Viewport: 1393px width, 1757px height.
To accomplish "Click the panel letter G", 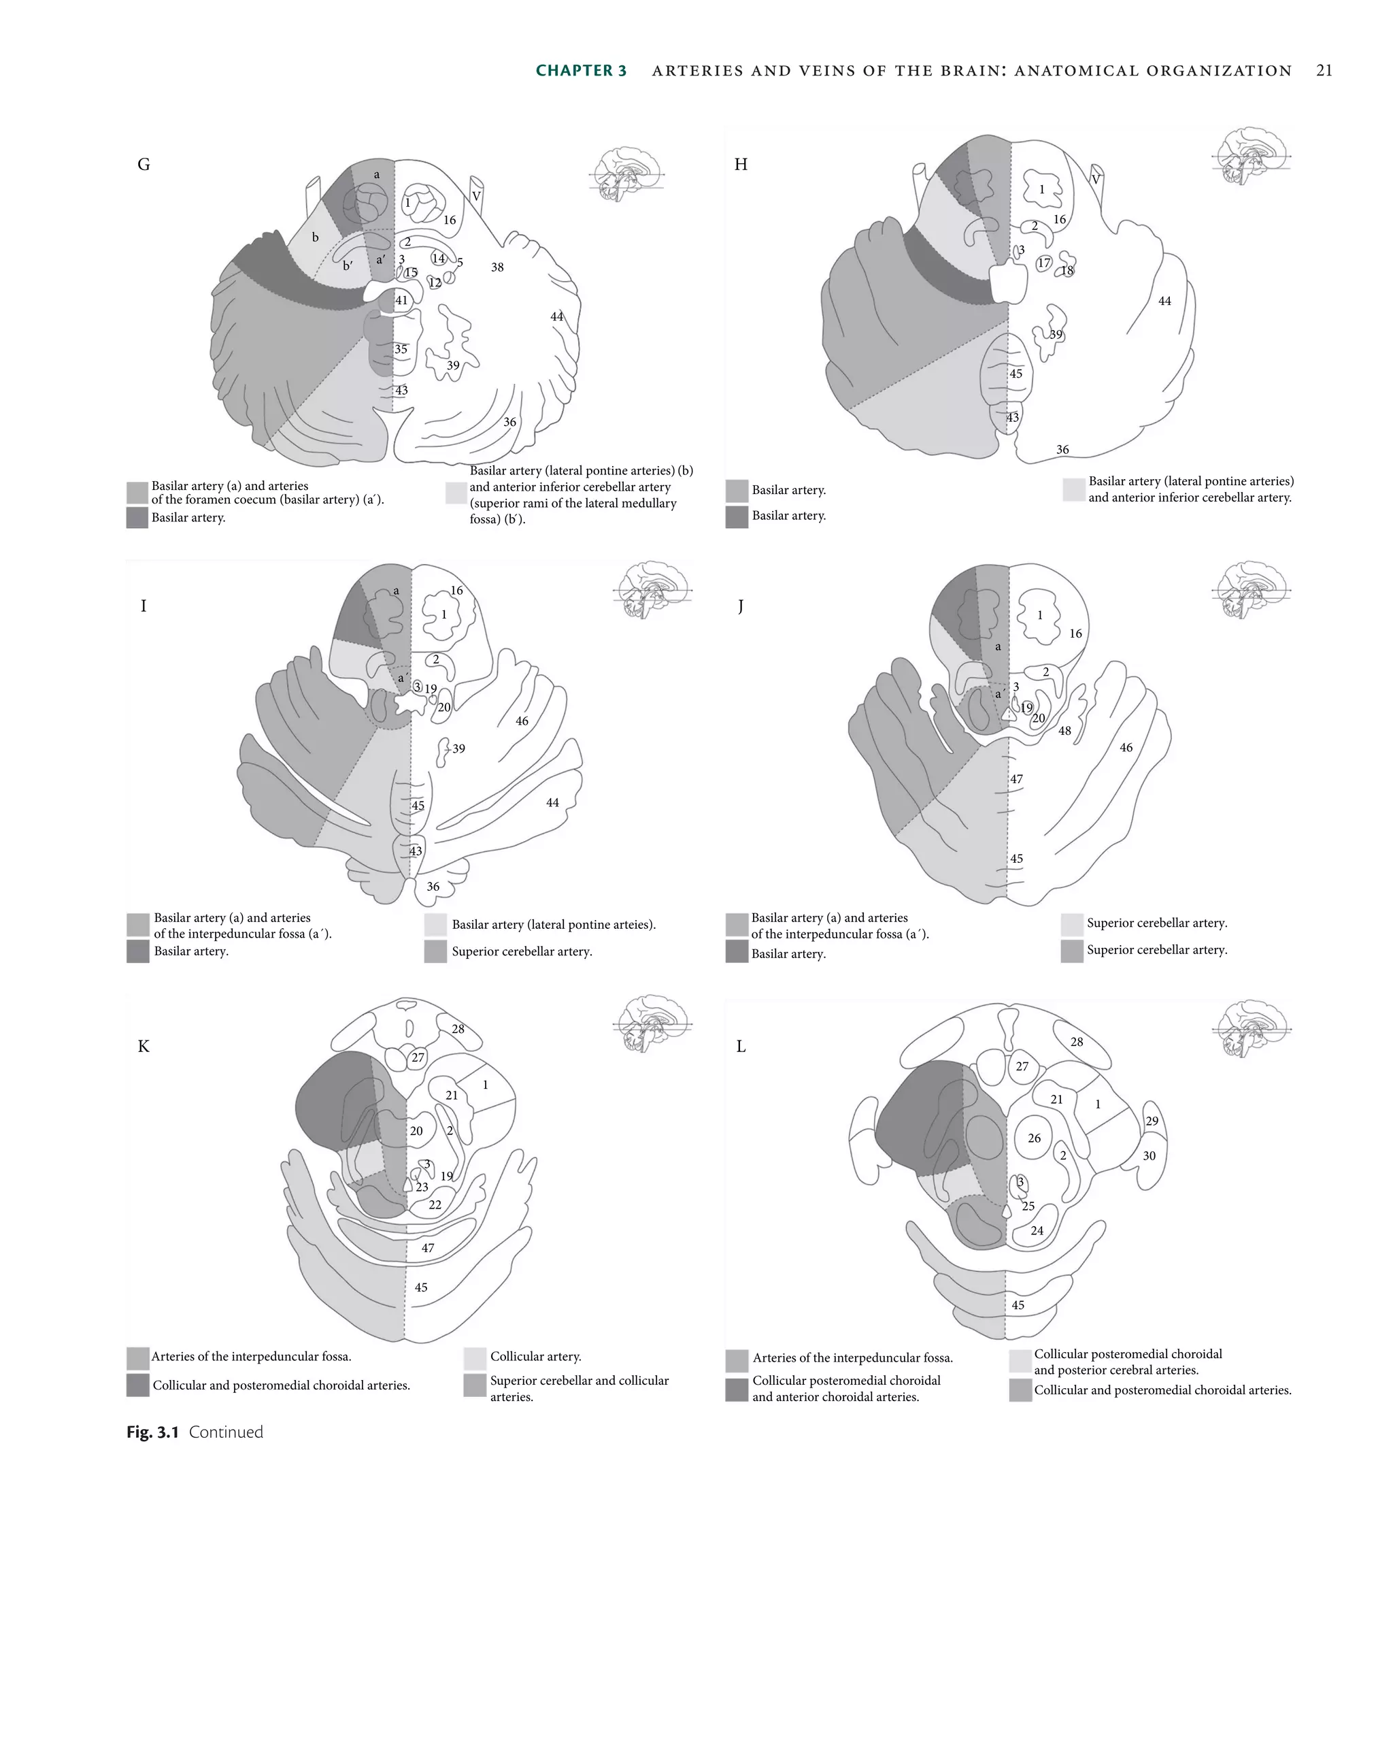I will coord(144,165).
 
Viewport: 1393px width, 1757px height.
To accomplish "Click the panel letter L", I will coord(741,1047).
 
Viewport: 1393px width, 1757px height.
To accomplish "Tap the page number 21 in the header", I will coord(1324,71).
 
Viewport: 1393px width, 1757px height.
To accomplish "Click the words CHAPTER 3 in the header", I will coord(581,71).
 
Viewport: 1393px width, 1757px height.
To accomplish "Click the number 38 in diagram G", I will coord(497,267).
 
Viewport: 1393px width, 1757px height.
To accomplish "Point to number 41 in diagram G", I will coord(401,301).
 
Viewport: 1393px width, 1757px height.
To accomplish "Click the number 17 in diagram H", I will coord(1043,263).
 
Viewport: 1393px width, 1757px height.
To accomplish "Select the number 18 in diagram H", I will coord(1067,271).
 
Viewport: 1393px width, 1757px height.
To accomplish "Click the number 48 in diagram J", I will coord(1064,731).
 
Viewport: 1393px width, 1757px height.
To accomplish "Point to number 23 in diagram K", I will coord(422,1187).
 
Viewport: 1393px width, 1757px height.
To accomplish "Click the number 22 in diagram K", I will coord(435,1205).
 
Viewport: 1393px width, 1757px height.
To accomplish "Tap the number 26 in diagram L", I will coord(1034,1138).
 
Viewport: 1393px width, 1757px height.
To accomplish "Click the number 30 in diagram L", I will coord(1149,1155).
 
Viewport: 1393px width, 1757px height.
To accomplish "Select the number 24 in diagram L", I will coord(1036,1230).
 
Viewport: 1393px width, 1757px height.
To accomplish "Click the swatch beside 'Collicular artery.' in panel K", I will coord(475,1358).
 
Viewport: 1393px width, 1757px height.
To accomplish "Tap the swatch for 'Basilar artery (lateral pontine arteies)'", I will coord(436,925).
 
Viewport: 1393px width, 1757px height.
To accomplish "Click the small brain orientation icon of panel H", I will coord(1250,157).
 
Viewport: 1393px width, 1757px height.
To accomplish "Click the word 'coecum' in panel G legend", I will coord(256,499).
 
